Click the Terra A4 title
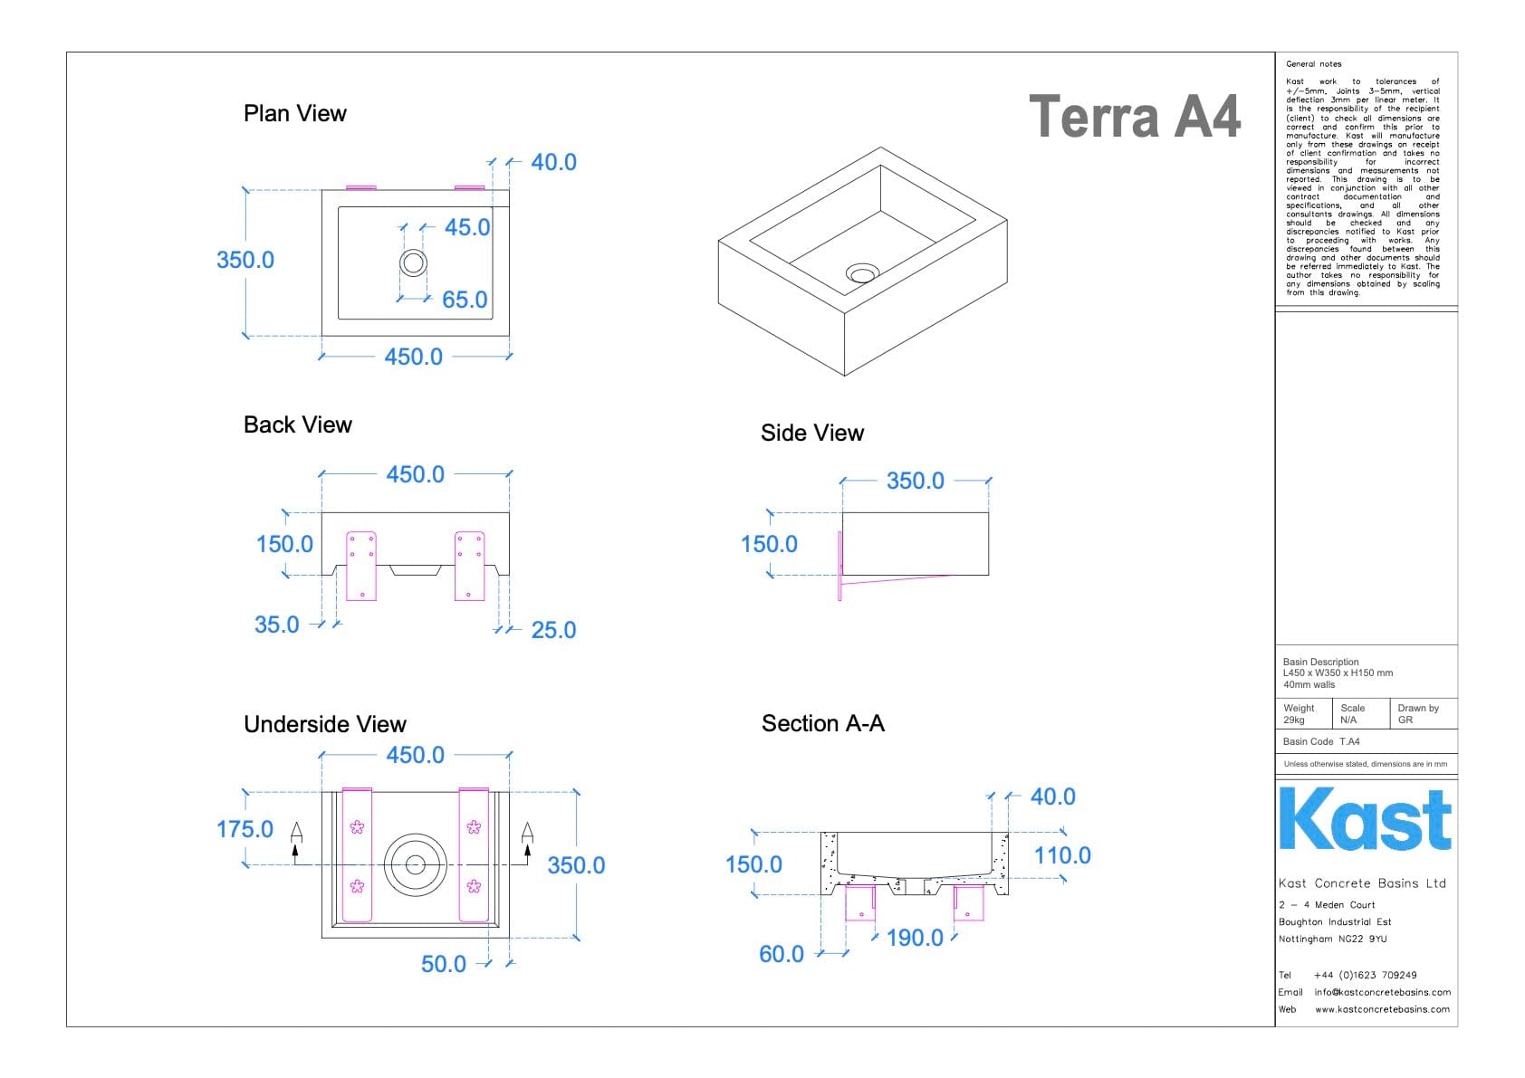click(x=1134, y=118)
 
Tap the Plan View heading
click(x=294, y=113)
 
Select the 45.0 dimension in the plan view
click(x=466, y=227)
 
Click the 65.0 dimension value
click(x=465, y=300)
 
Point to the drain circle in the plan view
click(x=414, y=262)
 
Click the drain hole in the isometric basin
click(x=862, y=272)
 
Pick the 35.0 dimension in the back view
click(x=276, y=625)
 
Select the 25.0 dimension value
click(x=553, y=630)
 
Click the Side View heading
click(x=811, y=433)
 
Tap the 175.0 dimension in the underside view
click(x=245, y=829)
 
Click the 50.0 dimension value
click(x=443, y=964)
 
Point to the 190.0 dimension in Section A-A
click(x=915, y=938)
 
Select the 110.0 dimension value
click(x=1062, y=855)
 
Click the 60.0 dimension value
click(x=781, y=954)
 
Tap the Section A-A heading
click(x=822, y=723)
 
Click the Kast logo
click(x=1365, y=819)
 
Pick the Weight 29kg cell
click(x=1301, y=714)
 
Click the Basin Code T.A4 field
click(x=1321, y=741)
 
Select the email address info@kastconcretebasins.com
click(x=1382, y=992)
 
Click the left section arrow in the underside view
click(x=296, y=837)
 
